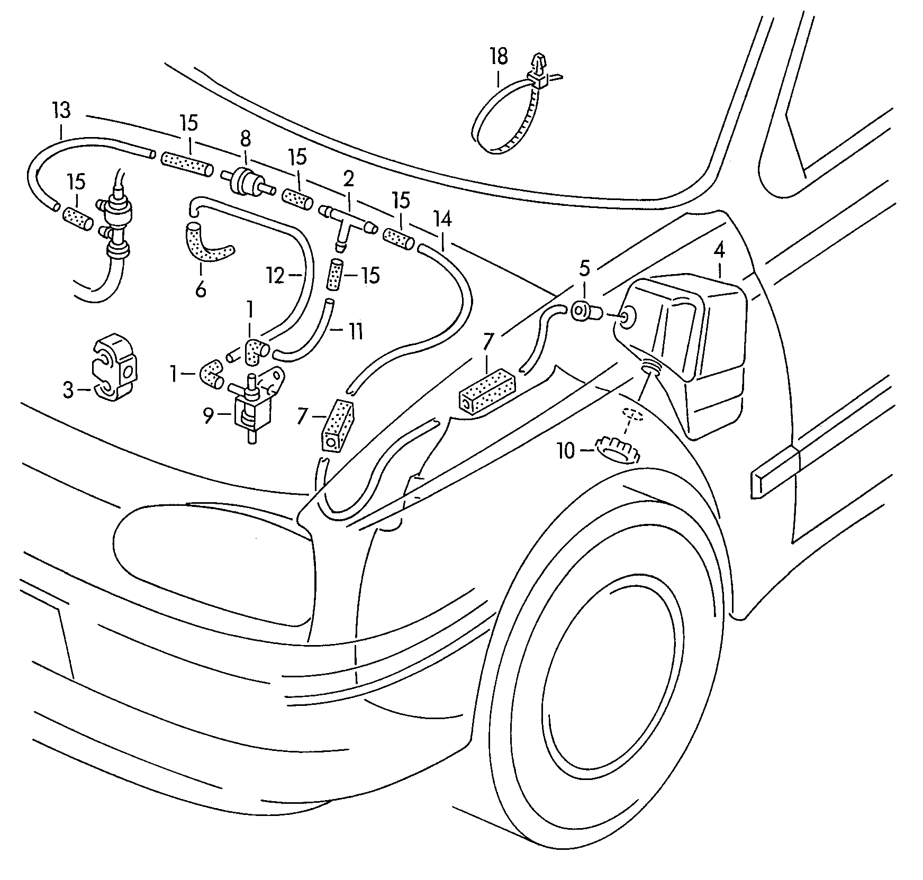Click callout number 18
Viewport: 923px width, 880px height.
tap(499, 56)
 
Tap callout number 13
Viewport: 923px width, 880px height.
tap(61, 111)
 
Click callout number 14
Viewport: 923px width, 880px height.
tap(442, 219)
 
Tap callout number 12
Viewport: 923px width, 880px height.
tap(276, 276)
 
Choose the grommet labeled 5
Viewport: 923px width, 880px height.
tap(584, 312)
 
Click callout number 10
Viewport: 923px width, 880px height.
tap(565, 451)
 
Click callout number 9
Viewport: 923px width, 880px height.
tap(208, 416)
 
